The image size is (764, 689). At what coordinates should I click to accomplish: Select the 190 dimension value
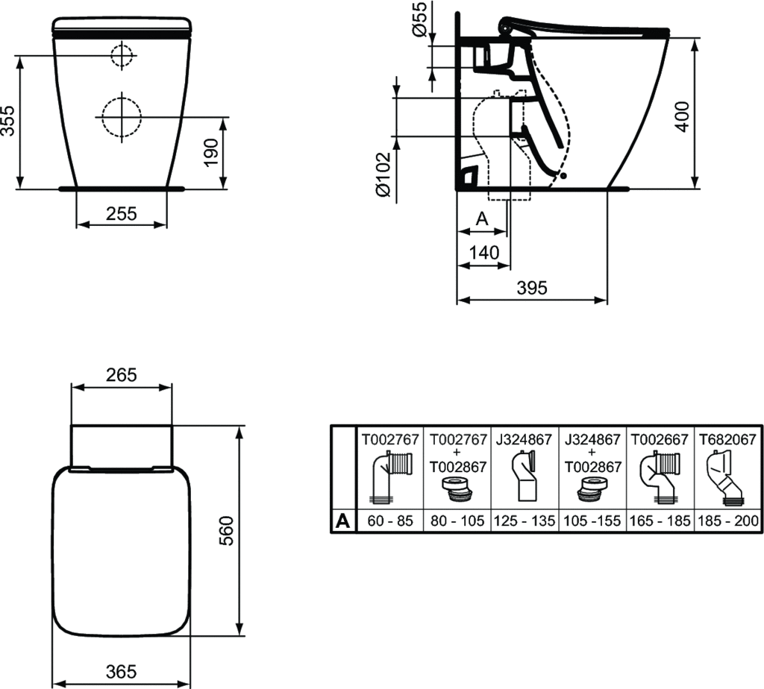[x=210, y=152]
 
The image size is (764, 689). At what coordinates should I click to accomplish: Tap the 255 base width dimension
[x=122, y=213]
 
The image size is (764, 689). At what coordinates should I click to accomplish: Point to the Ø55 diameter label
[x=419, y=19]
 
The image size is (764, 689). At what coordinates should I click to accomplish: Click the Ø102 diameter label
[x=383, y=174]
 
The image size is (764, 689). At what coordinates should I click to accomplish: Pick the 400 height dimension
[x=683, y=116]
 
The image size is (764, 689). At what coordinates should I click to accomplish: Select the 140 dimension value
[x=483, y=252]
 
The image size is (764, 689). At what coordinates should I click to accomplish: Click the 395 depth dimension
[x=532, y=288]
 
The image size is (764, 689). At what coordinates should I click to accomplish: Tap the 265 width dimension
[x=122, y=374]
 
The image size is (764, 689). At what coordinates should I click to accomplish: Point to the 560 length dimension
[x=226, y=531]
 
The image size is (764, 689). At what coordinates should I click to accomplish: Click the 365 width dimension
[x=122, y=671]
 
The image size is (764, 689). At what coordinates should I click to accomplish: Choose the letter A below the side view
[x=482, y=218]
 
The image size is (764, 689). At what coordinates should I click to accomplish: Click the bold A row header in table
[x=343, y=521]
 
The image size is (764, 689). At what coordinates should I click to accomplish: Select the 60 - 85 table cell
[x=390, y=521]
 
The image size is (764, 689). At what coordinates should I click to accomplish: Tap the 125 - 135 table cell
[x=525, y=521]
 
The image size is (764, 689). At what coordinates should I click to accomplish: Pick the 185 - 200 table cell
[x=728, y=521]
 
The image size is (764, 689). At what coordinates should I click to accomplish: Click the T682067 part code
[x=727, y=440]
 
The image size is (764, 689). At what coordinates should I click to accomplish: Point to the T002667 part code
[x=660, y=440]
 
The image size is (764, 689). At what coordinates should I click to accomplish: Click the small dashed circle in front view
[x=122, y=55]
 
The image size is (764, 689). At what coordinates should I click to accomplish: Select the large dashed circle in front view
[x=122, y=117]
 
